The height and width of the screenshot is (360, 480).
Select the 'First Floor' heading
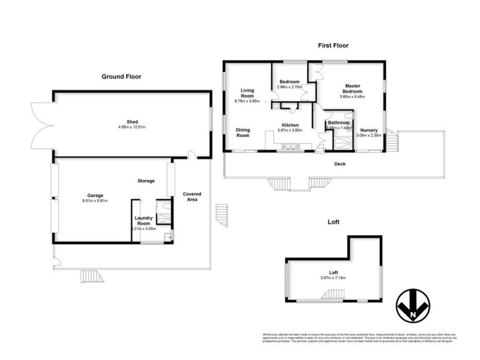[x=333, y=45]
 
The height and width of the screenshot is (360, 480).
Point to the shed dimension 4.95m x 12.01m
[x=132, y=127]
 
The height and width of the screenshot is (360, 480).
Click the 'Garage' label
[x=95, y=195]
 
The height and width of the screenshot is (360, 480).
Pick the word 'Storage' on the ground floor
[x=146, y=181]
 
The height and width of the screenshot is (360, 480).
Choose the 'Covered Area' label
[x=192, y=197]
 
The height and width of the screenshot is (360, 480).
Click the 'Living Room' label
[x=247, y=94]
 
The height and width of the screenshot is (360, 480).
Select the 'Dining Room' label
[x=242, y=132]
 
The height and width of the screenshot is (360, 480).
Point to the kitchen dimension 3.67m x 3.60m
[x=289, y=130]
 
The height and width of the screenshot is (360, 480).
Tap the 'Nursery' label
[x=368, y=130]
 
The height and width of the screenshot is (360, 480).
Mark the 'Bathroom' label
[x=338, y=122]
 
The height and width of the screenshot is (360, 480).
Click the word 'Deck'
[x=341, y=163]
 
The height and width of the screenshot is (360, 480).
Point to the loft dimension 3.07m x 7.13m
[x=332, y=277]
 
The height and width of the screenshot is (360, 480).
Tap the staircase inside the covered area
[x=222, y=215]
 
